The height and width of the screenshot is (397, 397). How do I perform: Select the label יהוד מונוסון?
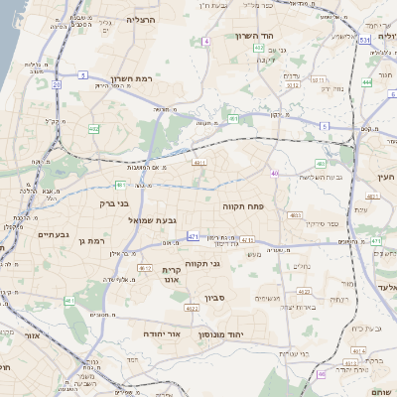click(x=233, y=335)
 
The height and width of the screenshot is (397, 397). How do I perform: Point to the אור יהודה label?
click(x=163, y=335)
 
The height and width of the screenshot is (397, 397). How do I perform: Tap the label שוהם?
click(x=380, y=390)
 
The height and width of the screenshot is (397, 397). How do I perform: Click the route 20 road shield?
click(x=57, y=85)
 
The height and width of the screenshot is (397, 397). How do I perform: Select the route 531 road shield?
click(x=364, y=40)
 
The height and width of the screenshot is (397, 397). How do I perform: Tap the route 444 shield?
click(x=367, y=82)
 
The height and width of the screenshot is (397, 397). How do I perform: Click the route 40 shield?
click(x=274, y=174)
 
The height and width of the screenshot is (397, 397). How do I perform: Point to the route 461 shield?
click(x=69, y=301)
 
